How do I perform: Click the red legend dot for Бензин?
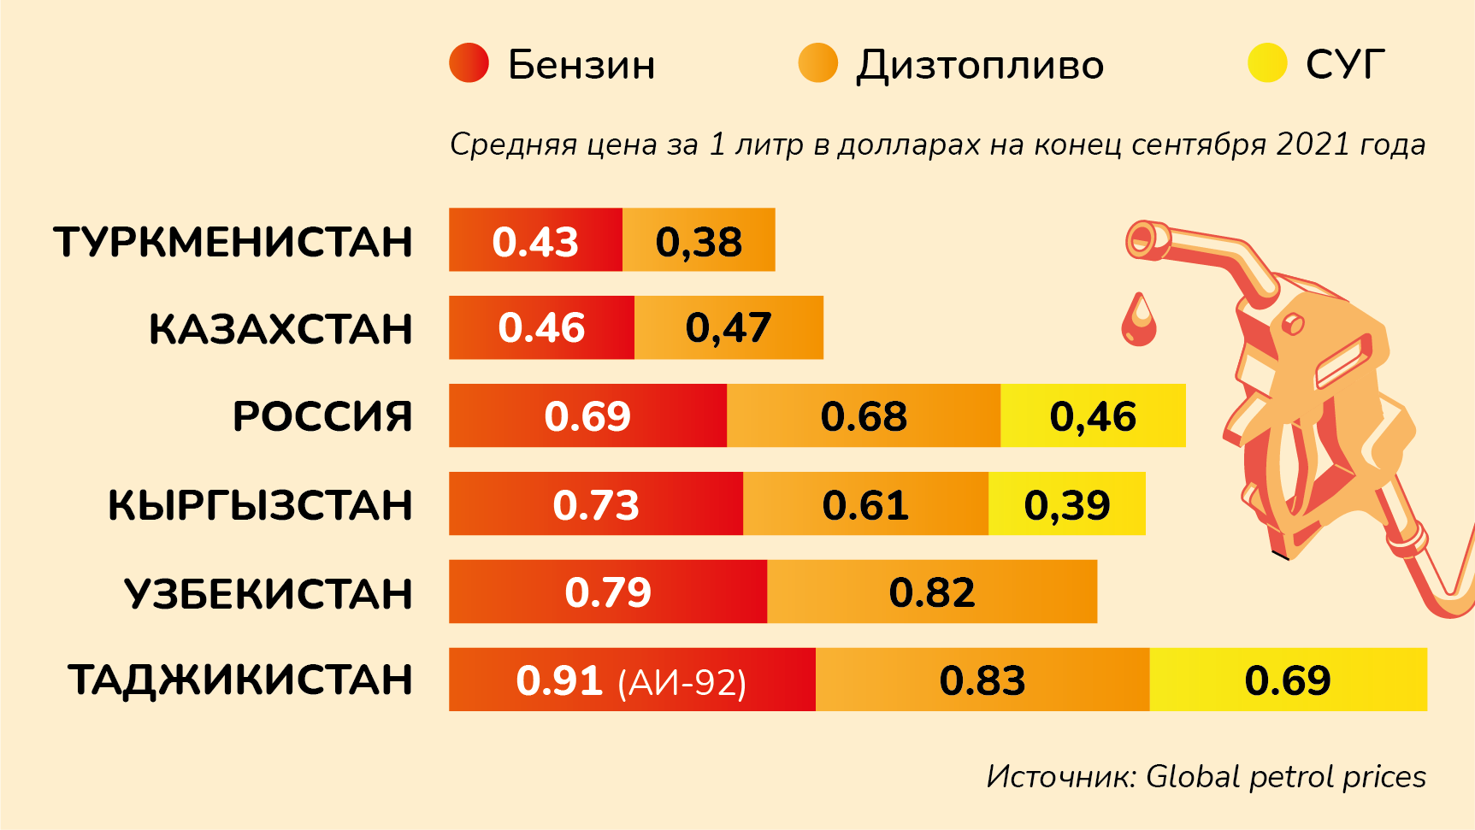click(469, 63)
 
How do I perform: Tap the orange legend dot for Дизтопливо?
click(817, 63)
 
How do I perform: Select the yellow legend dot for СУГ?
click(1267, 63)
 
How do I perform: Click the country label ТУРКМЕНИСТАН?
click(233, 242)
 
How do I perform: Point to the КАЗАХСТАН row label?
click(280, 329)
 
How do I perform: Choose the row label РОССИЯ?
click(322, 417)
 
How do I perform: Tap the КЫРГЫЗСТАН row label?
click(260, 505)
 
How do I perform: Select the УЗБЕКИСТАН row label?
click(268, 593)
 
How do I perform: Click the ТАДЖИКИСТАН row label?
click(241, 680)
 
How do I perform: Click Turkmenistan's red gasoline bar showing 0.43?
click(535, 240)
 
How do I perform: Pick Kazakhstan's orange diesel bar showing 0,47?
click(729, 327)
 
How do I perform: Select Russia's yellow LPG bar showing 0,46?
click(1093, 415)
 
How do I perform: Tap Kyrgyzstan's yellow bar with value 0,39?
click(1066, 503)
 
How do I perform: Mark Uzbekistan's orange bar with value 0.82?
click(932, 592)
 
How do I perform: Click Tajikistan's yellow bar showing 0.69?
click(1288, 680)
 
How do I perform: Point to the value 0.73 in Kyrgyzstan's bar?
click(596, 504)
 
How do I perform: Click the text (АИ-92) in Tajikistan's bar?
click(682, 683)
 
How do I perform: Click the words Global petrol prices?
click(1285, 776)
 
